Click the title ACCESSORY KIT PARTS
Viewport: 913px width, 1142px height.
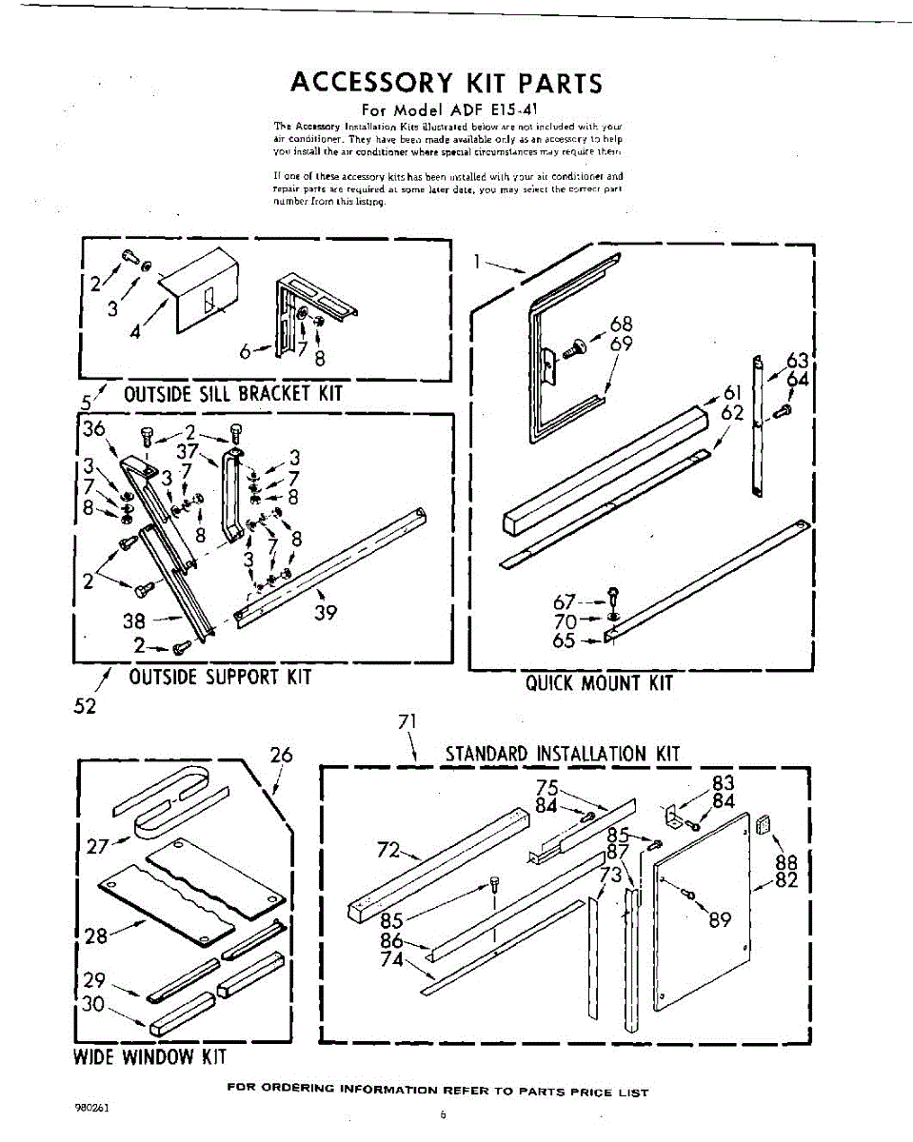coord(447,83)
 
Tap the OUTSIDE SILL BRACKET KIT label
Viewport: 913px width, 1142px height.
coord(233,394)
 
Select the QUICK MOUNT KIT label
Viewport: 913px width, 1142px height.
coord(600,682)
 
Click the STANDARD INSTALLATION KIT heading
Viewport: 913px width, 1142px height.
coord(564,755)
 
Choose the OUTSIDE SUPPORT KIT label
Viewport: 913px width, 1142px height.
coord(220,677)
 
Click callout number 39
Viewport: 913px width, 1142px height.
coord(326,613)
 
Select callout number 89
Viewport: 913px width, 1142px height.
coord(719,919)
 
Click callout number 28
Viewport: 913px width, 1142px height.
coord(96,936)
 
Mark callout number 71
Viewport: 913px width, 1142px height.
coord(407,721)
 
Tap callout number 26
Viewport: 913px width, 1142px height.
coord(281,756)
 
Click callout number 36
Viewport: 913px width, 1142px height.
coord(93,429)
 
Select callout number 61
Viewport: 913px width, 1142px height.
coord(732,393)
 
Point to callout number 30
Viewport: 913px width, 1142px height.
coord(92,1003)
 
